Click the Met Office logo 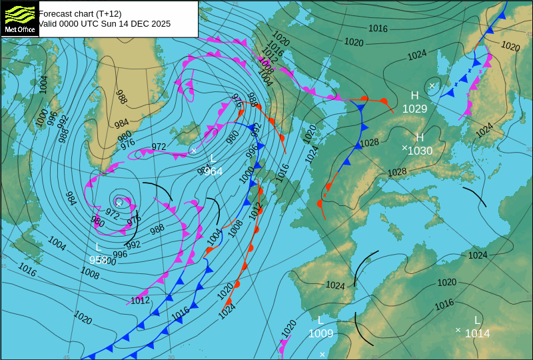19,19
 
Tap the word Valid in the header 49,23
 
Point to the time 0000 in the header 72,23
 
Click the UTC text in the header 95,23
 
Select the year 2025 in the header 160,23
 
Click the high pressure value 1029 414,109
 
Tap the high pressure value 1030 420,151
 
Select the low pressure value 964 213,171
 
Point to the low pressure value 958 99,260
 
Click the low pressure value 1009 320,333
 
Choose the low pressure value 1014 477,333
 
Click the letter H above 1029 414,96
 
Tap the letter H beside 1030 420,138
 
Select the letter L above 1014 477,320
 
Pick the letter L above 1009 320,320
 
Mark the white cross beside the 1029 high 432,85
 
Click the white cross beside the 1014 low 458,330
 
